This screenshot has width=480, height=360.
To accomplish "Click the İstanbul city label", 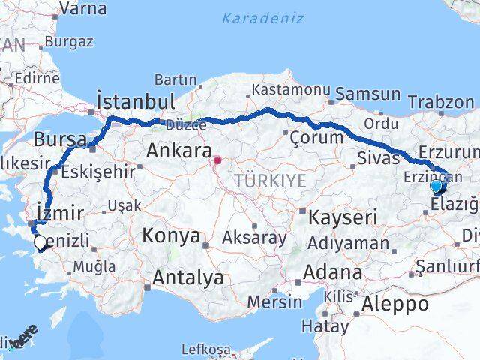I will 136,101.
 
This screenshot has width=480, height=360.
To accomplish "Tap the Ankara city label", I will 178,151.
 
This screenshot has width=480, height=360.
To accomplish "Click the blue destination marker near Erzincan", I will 436,185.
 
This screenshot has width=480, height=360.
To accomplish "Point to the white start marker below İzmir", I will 40,241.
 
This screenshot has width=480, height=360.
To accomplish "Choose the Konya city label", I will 171,236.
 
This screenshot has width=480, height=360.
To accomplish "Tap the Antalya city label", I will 187,277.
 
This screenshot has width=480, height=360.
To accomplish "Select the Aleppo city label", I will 395,304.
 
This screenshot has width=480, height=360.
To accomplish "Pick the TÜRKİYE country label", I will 269,180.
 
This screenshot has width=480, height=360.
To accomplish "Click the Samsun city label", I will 368,94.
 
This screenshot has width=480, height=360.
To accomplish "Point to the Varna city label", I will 82,9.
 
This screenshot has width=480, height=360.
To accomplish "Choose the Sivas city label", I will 376,158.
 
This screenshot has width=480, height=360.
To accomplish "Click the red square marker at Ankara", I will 217,160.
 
